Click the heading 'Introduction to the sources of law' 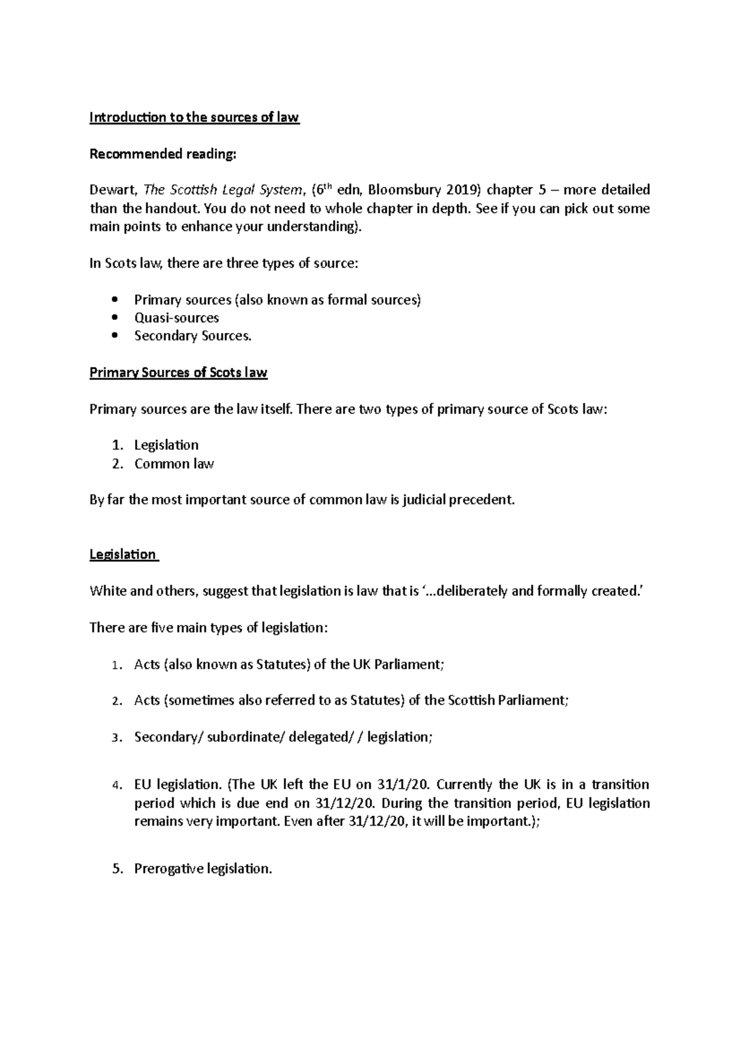pos(194,117)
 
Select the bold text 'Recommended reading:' pos(163,154)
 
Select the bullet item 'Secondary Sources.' pos(193,336)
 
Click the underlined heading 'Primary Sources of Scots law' pos(178,372)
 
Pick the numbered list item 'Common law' pos(174,464)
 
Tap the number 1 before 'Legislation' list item pos(117,445)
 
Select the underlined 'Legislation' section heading pos(123,554)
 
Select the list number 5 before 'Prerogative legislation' pos(117,869)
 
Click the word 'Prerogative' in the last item pos(168,869)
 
